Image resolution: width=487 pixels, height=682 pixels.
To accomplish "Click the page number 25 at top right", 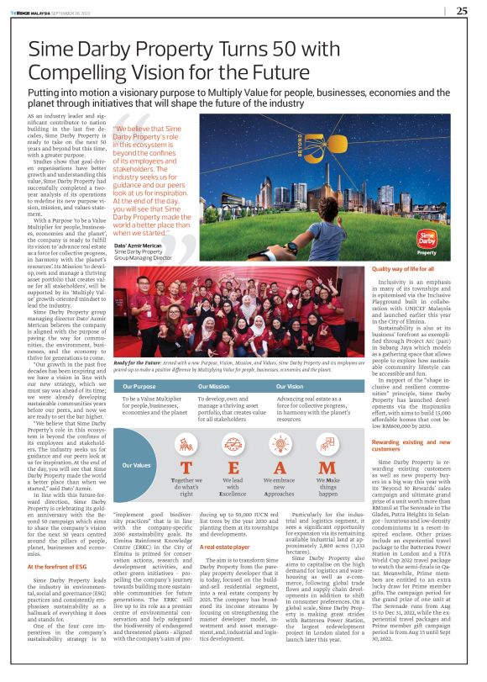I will (462, 11).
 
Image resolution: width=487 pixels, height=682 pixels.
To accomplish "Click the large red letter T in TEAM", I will (188, 468).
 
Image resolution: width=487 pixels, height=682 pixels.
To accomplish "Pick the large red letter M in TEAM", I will (328, 468).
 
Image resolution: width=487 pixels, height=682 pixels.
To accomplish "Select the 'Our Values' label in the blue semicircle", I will (137, 465).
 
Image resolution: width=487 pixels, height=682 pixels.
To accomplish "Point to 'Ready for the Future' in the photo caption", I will (136, 359).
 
